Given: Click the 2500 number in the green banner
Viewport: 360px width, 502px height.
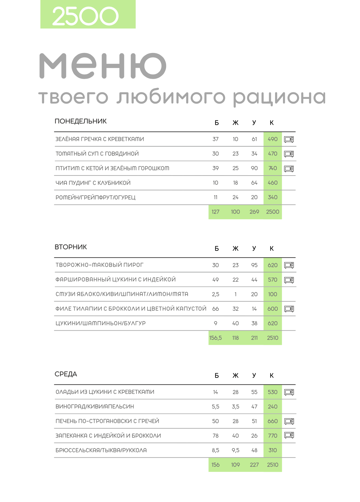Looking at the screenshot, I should coord(85,16).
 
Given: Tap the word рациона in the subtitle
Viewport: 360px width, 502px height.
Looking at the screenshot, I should coord(279,97).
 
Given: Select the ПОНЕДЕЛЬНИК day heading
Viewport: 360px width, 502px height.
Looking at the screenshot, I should coord(81,121).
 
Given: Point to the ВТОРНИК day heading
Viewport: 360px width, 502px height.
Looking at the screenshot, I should coord(71,247).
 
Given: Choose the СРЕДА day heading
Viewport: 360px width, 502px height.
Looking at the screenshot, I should coord(66,374).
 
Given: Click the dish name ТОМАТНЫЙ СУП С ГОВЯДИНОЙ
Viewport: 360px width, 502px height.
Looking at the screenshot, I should coord(97,154).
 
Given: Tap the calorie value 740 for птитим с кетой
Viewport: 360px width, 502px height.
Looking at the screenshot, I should coord(273,168).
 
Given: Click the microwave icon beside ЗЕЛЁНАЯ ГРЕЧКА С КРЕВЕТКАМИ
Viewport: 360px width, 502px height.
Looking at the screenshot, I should coord(289,139).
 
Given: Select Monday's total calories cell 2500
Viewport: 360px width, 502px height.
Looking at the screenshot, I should coord(273,212).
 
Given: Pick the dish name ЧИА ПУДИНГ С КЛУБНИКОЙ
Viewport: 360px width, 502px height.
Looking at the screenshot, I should coord(93,183).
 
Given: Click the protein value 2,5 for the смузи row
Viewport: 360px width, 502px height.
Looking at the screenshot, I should coord(216,294).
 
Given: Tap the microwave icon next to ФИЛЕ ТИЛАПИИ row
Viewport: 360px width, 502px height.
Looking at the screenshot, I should coord(289,309).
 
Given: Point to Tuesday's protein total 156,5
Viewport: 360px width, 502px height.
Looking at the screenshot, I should coord(216,338).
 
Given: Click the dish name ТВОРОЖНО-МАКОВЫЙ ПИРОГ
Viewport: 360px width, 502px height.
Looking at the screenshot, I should coord(99,265).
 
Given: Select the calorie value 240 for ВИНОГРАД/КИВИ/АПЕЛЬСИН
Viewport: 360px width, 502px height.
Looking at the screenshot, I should coord(273,407).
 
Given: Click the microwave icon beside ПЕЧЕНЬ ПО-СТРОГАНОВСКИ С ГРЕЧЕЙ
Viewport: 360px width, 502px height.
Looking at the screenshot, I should coord(289,421).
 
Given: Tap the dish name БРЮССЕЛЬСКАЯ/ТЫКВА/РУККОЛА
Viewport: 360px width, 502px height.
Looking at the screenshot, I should coord(101,450).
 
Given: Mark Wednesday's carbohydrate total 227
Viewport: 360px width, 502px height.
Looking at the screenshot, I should coord(254,465).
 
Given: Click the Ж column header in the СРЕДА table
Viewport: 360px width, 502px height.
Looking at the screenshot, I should coord(235,376).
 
